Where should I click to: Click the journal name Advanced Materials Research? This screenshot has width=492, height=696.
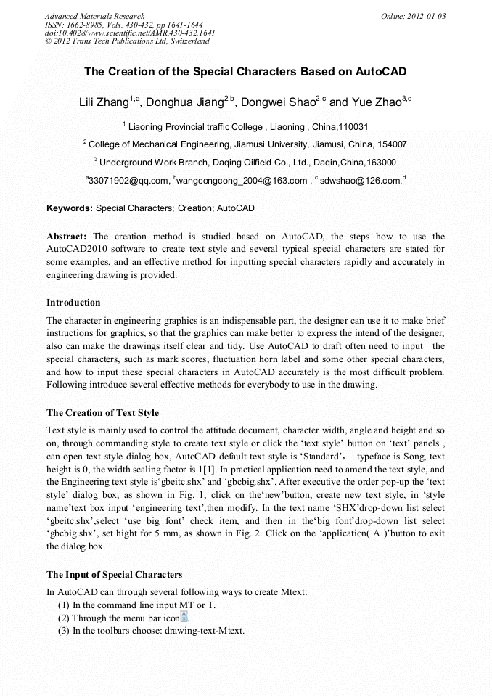pos(94,16)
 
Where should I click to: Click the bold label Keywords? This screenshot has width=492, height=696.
pos(70,208)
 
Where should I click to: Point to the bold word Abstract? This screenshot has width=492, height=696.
pos(67,237)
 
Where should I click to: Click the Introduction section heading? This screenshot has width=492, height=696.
pos(73,303)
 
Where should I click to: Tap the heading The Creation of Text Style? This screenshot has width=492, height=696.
pos(102,413)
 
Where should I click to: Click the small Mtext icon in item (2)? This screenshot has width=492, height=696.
pos(184,617)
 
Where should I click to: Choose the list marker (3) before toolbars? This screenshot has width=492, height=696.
pos(64,631)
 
